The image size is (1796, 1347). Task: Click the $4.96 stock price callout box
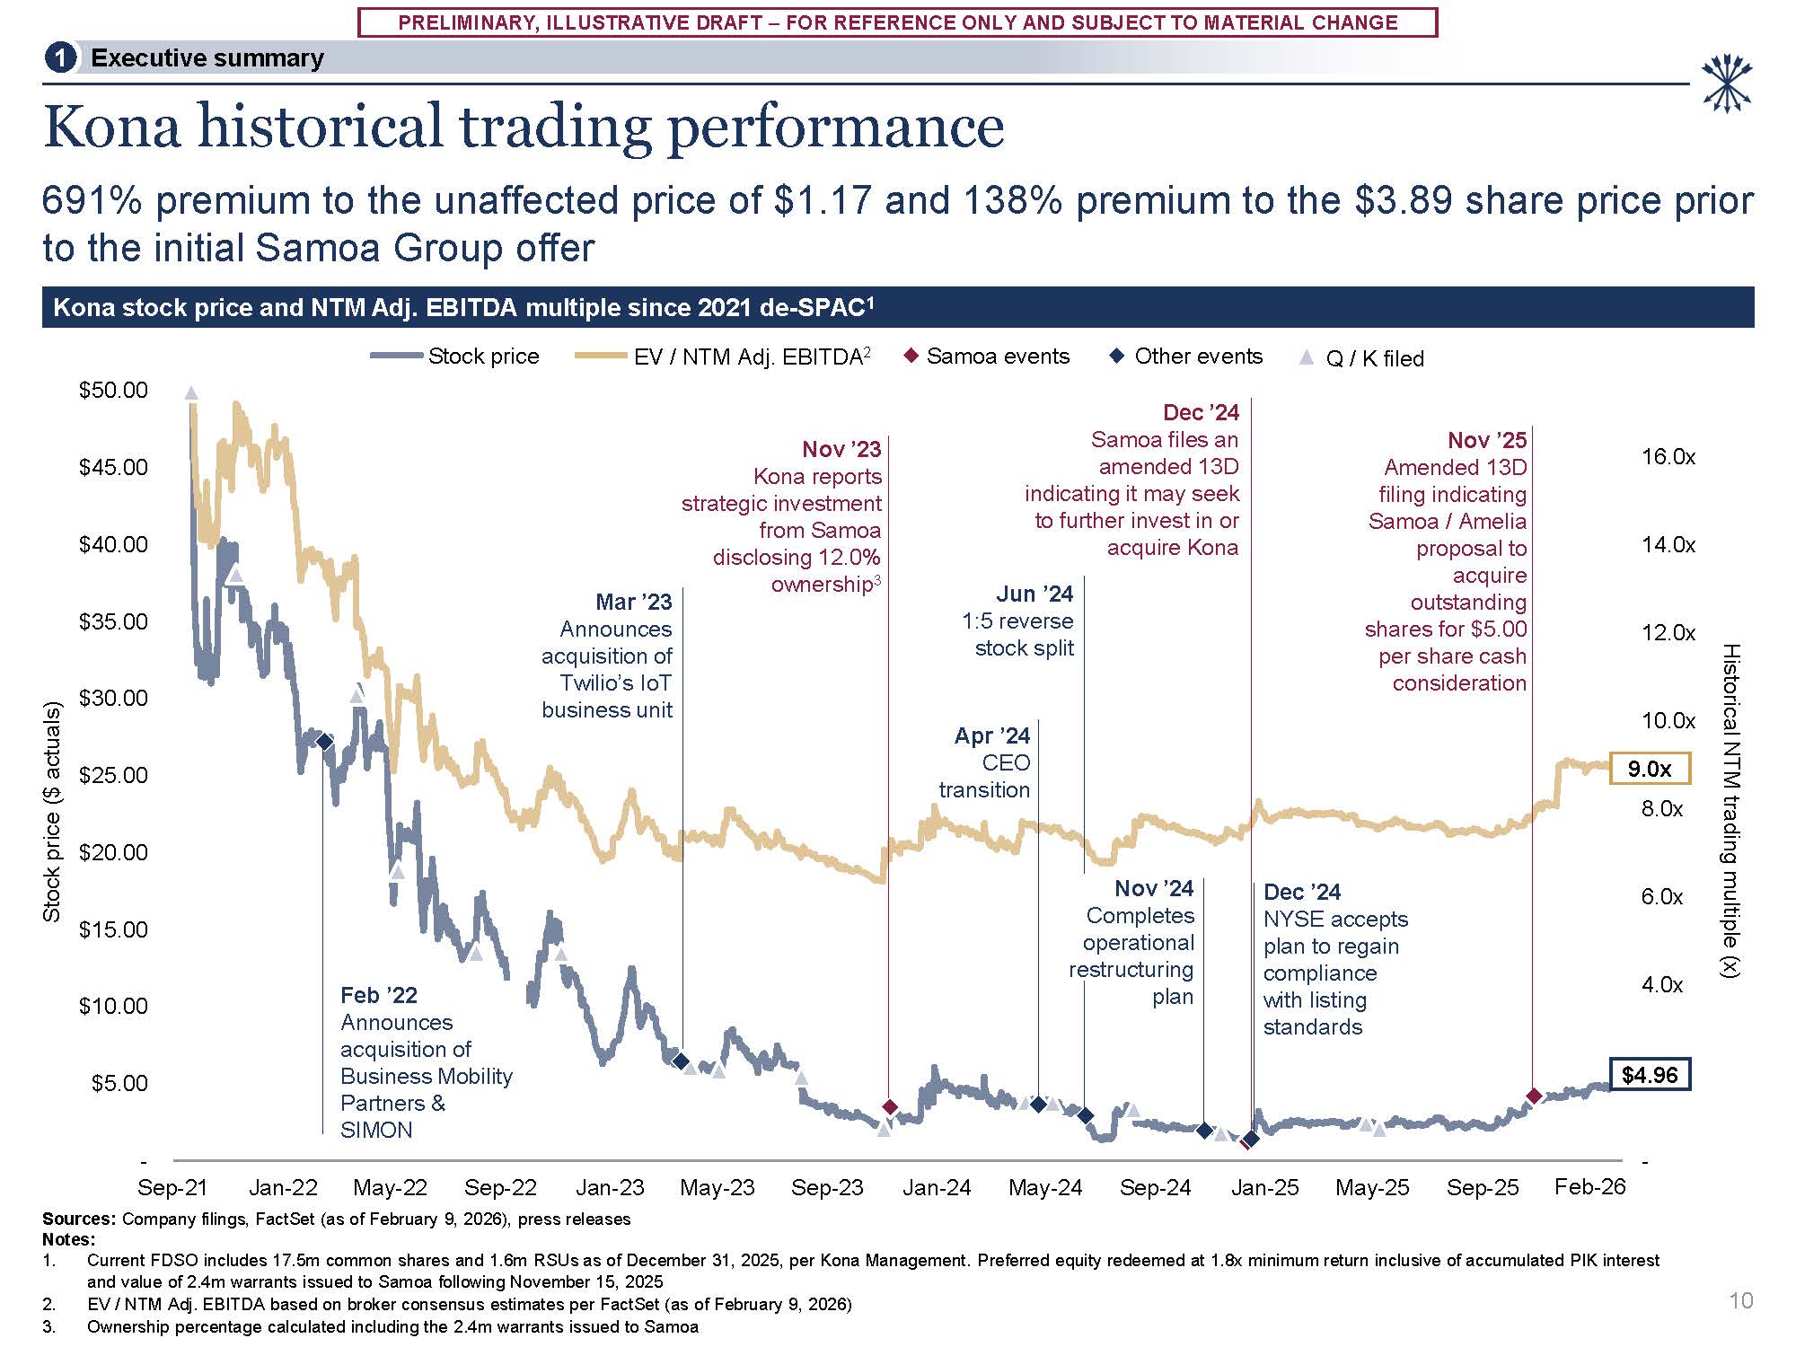click(1650, 1075)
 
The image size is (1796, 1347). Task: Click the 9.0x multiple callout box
click(1650, 769)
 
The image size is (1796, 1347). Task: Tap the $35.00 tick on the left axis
click(113, 621)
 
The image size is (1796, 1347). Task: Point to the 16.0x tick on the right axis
click(1668, 457)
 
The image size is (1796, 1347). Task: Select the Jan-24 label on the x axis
click(937, 1188)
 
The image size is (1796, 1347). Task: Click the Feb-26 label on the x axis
click(1589, 1187)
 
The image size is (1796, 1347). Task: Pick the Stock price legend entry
click(454, 357)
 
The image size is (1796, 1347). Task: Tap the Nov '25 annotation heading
click(1486, 440)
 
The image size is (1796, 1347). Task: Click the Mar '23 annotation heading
click(633, 602)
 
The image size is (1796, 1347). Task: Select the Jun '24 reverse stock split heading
click(1034, 594)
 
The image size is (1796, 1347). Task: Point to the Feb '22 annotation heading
click(379, 995)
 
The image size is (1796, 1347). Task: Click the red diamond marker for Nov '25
click(1534, 1096)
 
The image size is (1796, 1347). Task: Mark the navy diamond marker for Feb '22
click(325, 742)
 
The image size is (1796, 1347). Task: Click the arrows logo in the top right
click(1727, 84)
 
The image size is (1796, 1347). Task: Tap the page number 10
click(1740, 1300)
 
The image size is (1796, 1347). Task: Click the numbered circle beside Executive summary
click(60, 58)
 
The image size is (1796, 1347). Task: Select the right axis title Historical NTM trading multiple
click(1731, 810)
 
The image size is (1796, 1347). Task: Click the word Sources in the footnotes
click(78, 1219)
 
